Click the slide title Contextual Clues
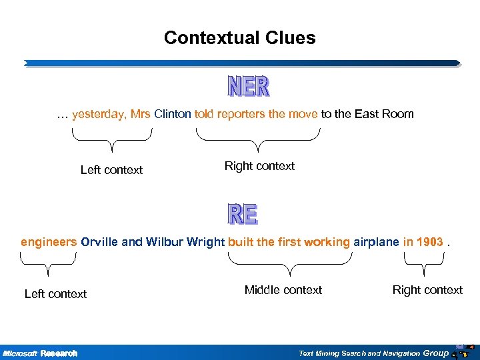point(239,38)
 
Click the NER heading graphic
point(249,86)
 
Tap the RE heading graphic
point(242,213)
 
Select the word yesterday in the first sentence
point(98,114)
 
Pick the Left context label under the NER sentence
point(111,170)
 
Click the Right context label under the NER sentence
point(259,166)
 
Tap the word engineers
point(49,242)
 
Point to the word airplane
point(376,242)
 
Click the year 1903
point(429,242)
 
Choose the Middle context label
point(283,290)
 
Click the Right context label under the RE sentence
point(427,290)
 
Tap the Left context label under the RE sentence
point(55,294)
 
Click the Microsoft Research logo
point(40,353)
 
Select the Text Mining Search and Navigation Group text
point(373,353)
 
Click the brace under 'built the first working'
point(290,267)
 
